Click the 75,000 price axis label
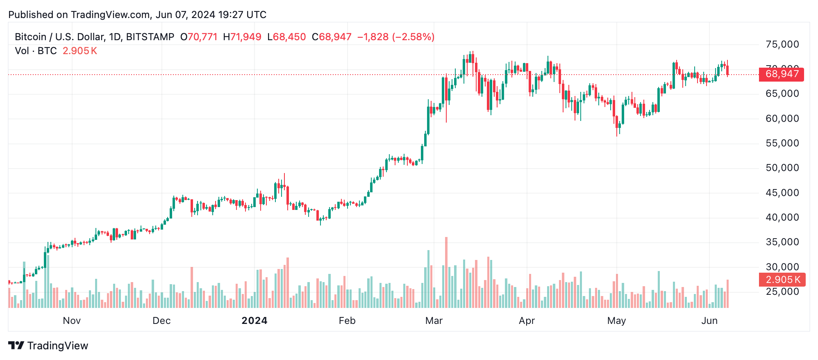(x=782, y=44)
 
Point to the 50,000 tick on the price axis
(x=782, y=168)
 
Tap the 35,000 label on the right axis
(x=782, y=242)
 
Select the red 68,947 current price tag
(x=781, y=74)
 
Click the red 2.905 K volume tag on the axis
(x=782, y=280)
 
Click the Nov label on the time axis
(x=72, y=321)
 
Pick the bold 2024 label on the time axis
(x=254, y=321)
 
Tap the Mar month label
(x=434, y=321)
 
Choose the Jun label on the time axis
(x=709, y=321)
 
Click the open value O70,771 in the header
(x=199, y=37)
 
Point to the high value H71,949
(x=242, y=37)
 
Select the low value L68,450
(x=286, y=37)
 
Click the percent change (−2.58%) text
(x=413, y=37)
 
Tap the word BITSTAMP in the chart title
(x=150, y=37)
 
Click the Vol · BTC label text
(x=36, y=51)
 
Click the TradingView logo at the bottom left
(x=48, y=346)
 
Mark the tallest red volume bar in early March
(x=446, y=273)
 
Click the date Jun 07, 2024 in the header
(x=185, y=15)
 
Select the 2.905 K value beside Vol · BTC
(x=80, y=51)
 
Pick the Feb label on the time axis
(x=347, y=321)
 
